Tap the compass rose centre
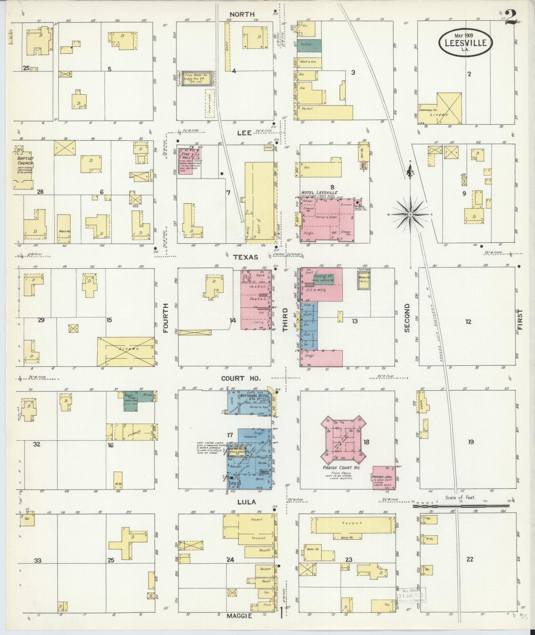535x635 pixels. click(410, 215)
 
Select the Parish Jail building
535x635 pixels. click(383, 478)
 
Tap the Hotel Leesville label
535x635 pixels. click(319, 193)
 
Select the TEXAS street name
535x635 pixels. click(245, 257)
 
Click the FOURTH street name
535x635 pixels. click(166, 318)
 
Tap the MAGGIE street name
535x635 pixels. click(239, 616)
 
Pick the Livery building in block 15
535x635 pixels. click(126, 351)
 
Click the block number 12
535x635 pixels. click(468, 321)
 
